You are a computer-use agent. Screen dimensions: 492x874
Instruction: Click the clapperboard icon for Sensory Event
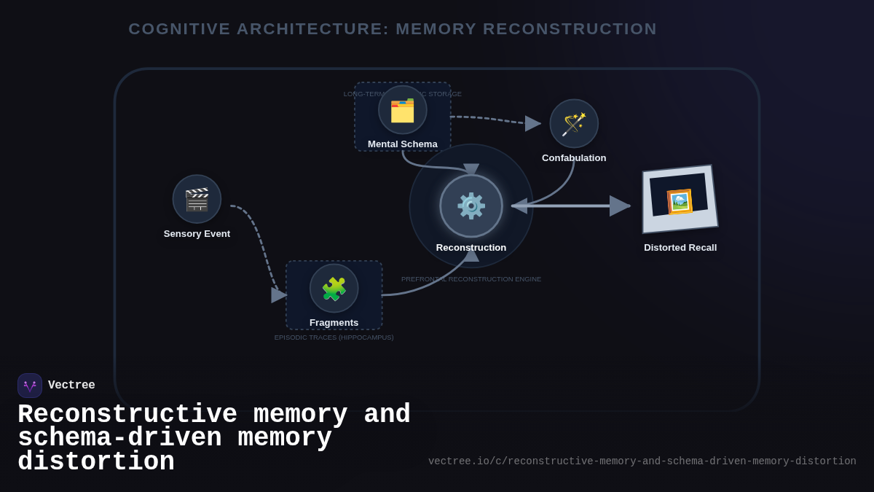[197, 199]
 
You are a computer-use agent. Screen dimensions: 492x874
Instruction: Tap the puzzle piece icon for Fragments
[334, 289]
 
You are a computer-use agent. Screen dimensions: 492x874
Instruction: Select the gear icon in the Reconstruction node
[471, 206]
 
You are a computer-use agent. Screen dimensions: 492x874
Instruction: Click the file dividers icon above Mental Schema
[402, 110]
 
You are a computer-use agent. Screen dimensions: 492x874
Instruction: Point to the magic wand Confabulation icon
[574, 123]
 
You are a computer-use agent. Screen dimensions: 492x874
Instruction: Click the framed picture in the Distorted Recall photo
[679, 201]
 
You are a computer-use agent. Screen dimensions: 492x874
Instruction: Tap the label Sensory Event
[197, 234]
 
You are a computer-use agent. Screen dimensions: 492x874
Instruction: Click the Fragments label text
[334, 323]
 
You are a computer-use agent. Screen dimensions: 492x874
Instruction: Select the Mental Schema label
[402, 144]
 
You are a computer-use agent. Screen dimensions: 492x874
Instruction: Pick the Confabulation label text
[574, 158]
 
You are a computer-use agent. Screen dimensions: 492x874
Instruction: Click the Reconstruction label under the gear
[471, 248]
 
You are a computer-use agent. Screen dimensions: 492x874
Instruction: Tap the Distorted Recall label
[680, 248]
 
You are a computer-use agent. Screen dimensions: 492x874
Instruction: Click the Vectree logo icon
[30, 386]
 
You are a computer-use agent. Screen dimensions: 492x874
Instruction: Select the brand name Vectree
[71, 386]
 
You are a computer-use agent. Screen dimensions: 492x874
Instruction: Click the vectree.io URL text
[642, 461]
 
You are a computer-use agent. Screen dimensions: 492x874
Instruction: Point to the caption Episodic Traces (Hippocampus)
[334, 337]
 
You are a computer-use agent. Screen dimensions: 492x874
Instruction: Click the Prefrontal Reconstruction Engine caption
[471, 279]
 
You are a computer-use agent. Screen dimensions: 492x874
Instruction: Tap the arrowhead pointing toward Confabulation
[533, 124]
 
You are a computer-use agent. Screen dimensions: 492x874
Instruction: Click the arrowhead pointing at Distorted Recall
[620, 206]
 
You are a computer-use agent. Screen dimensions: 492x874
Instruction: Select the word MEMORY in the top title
[436, 29]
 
